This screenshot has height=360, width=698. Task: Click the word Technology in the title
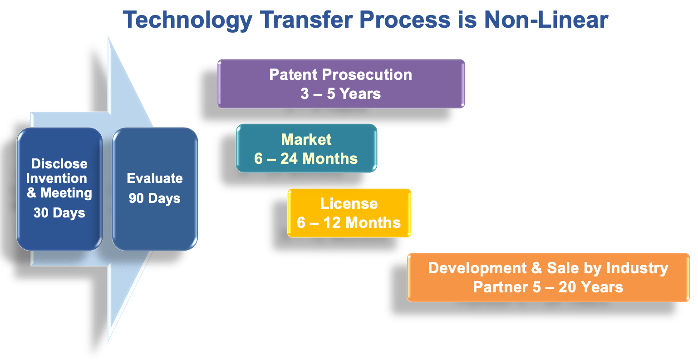click(187, 20)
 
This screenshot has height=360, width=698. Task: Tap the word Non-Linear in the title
click(546, 20)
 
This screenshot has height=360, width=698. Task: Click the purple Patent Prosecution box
click(341, 84)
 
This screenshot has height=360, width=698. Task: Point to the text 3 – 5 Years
click(340, 94)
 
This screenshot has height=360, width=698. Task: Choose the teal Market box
click(306, 148)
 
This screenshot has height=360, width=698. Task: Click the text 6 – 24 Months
click(306, 158)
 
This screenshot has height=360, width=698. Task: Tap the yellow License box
click(349, 213)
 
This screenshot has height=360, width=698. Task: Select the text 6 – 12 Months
click(349, 222)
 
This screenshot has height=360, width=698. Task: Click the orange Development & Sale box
click(548, 277)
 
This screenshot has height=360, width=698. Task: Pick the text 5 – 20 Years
click(577, 287)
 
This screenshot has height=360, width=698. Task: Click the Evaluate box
click(155, 189)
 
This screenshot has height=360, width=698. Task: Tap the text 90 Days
click(155, 198)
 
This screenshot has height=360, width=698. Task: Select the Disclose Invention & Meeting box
click(59, 189)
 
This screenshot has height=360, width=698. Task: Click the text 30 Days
click(59, 213)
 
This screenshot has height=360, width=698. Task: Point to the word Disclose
click(59, 164)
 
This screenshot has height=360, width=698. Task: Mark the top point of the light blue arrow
click(108, 36)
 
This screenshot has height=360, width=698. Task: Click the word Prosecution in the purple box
click(367, 75)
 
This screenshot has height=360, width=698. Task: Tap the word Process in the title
click(405, 20)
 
